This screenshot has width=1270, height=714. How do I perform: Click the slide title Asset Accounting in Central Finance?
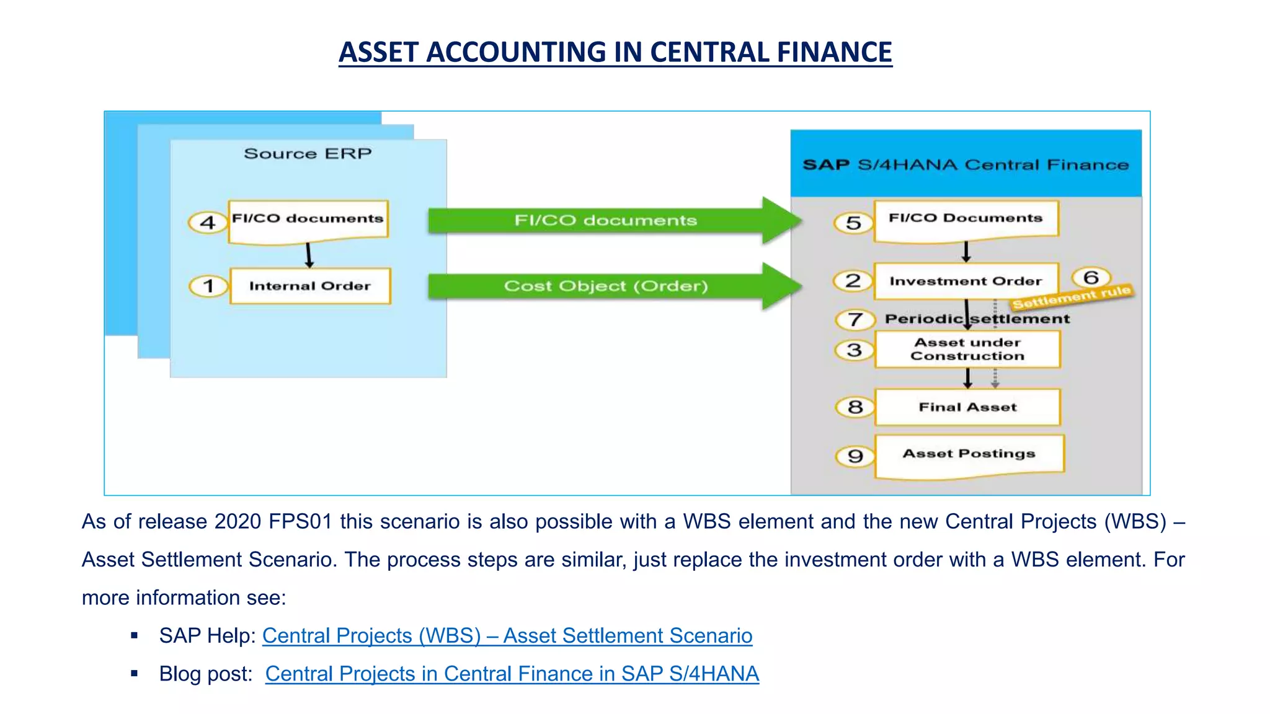(615, 52)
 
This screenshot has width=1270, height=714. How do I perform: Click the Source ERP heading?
(308, 154)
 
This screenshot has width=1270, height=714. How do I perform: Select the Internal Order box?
(310, 286)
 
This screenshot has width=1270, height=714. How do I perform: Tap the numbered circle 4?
(208, 223)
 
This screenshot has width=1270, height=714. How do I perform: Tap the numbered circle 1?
(208, 286)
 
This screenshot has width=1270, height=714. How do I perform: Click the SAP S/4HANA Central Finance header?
(966, 164)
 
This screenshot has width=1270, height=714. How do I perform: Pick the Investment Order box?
(966, 281)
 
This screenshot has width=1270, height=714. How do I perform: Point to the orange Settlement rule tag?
(1072, 297)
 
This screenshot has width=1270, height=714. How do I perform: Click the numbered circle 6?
(1091, 277)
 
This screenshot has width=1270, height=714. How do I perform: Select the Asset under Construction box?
(967, 349)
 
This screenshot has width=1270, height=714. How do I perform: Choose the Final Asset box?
(967, 407)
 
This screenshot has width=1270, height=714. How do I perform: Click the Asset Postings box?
(969, 454)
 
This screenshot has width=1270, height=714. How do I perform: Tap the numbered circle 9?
(855, 457)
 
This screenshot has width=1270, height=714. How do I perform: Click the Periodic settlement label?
(977, 319)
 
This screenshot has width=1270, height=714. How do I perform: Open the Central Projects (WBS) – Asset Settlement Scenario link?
(507, 636)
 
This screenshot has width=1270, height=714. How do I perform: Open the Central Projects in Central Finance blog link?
(512, 674)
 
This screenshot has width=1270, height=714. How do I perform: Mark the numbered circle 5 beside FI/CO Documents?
(854, 223)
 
